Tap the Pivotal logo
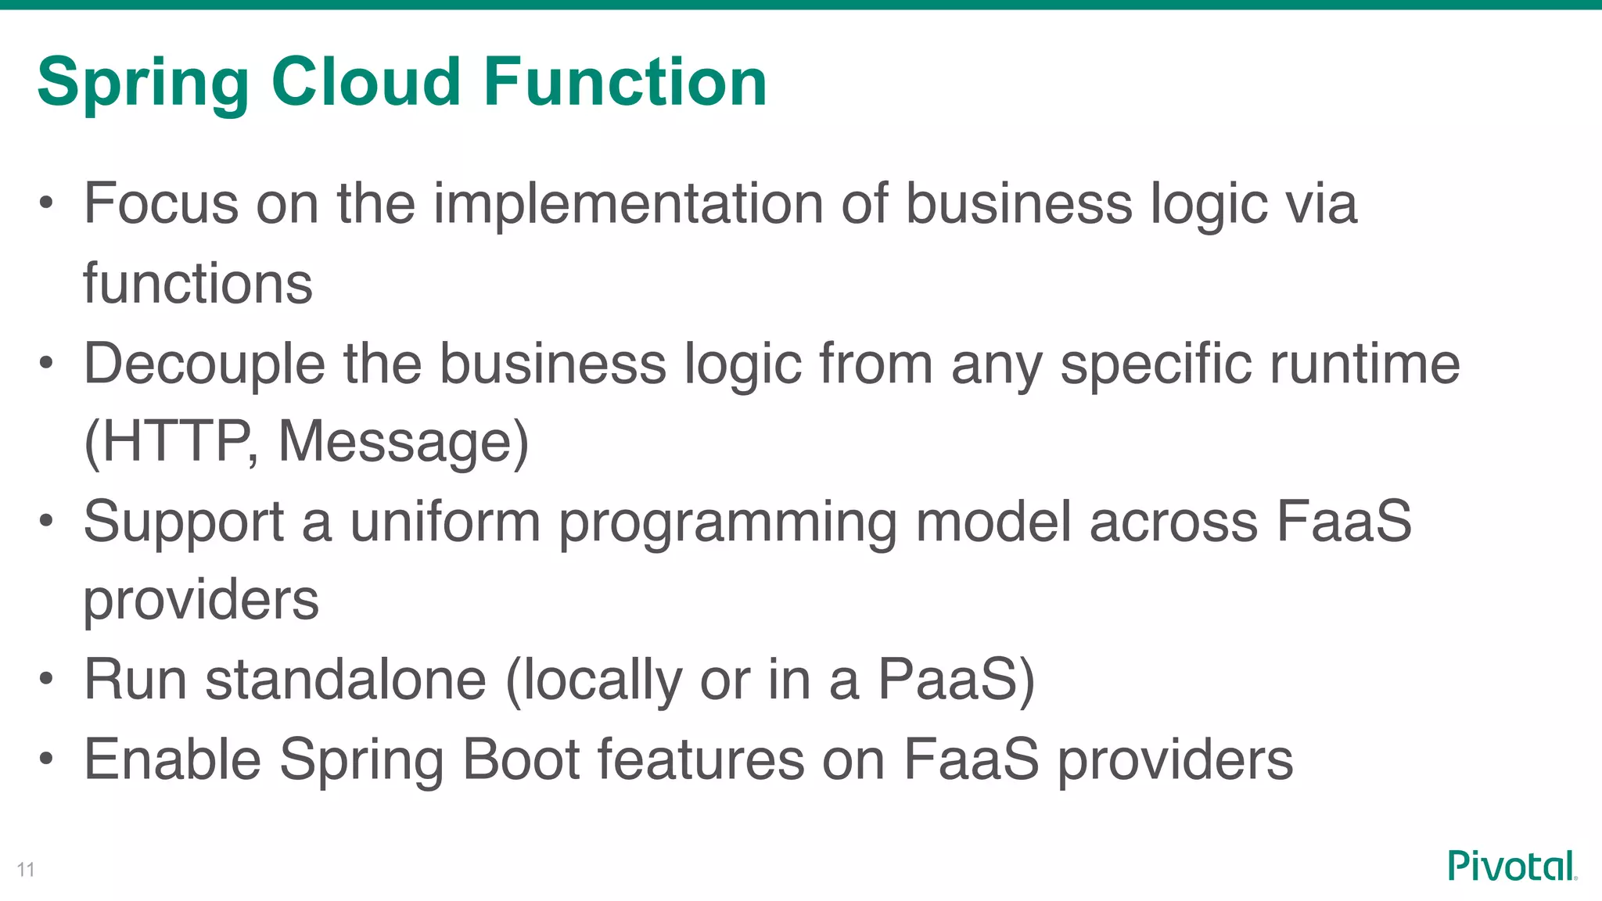click(1511, 866)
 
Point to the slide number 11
click(26, 870)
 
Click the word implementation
click(628, 204)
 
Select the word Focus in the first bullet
click(160, 203)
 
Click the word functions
click(198, 283)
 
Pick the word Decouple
click(204, 365)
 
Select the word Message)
click(404, 442)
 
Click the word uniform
click(444, 522)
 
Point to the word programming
click(727, 523)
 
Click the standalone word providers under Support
click(201, 601)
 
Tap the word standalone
click(346, 679)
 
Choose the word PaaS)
click(956, 679)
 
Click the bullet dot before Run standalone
click(47, 679)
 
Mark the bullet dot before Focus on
click(47, 203)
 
